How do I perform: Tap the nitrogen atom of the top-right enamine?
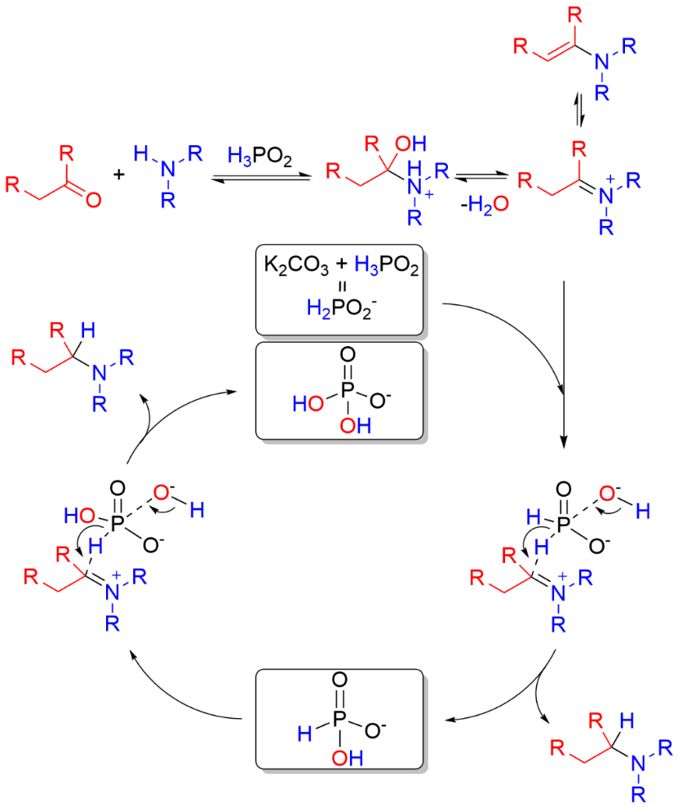click(x=601, y=59)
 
